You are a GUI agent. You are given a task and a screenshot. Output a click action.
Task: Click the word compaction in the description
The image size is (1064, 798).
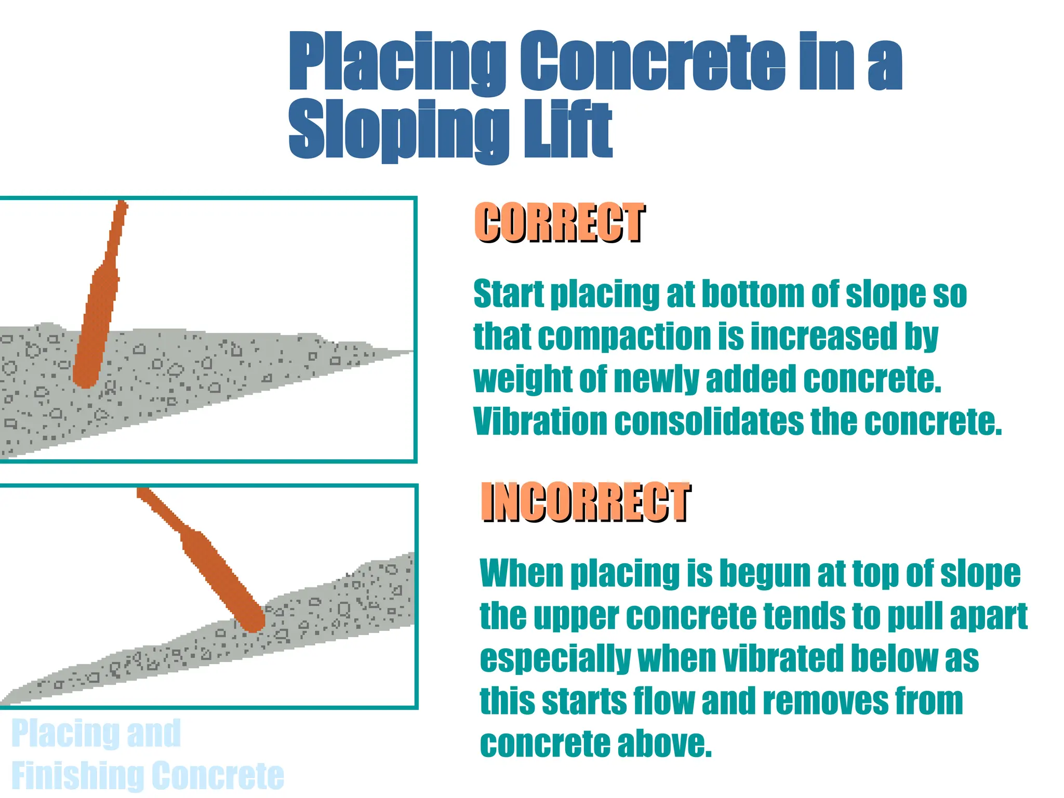pyautogui.click(x=623, y=337)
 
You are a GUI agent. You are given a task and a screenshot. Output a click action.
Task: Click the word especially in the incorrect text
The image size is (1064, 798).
pyautogui.click(x=555, y=659)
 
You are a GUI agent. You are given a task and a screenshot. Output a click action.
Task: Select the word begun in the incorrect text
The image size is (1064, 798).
pyautogui.click(x=764, y=574)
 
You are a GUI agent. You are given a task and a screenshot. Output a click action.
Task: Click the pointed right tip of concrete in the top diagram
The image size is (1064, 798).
pyautogui.click(x=408, y=352)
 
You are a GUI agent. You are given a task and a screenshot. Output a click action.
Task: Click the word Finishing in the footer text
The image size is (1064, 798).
pyautogui.click(x=76, y=775)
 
